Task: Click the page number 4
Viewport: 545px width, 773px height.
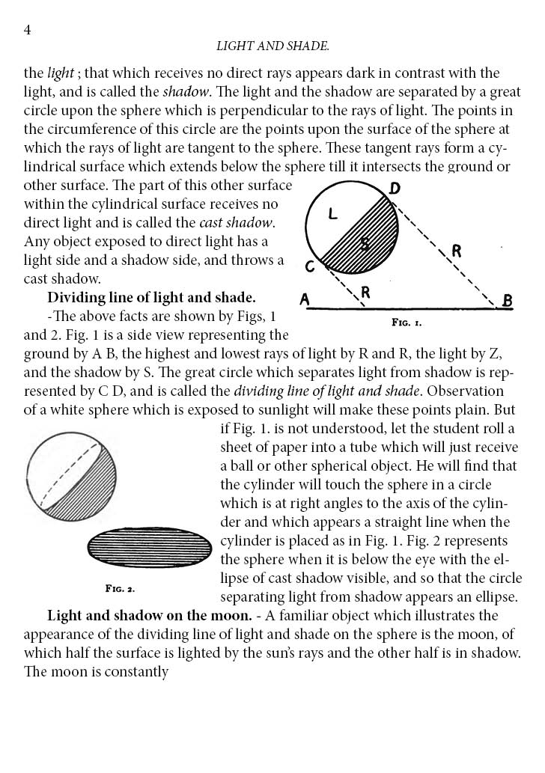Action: click(27, 29)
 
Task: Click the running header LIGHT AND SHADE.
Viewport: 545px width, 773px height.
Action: click(272, 46)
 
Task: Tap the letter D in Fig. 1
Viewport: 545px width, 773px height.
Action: click(395, 189)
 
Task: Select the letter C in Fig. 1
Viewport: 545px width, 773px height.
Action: click(310, 266)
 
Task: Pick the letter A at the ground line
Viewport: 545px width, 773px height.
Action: click(305, 300)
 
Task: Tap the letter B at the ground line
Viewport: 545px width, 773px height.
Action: click(507, 302)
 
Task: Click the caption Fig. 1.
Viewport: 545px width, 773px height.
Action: click(407, 323)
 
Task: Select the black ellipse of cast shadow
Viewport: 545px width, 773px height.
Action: click(150, 549)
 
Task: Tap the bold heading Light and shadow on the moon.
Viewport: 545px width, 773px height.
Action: click(149, 616)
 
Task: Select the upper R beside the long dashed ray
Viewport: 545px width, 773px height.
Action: click(456, 251)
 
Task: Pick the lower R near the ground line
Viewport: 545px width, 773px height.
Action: click(365, 293)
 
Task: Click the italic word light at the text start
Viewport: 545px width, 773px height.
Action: click(61, 73)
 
